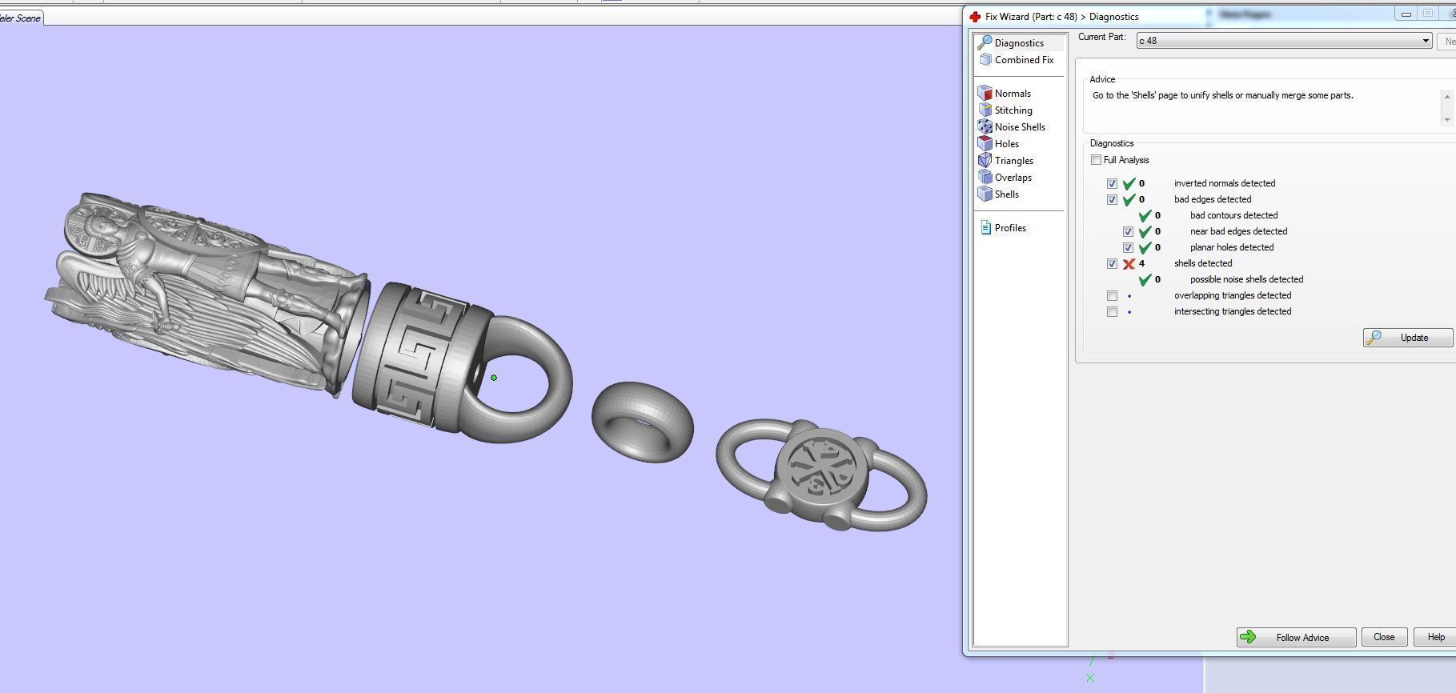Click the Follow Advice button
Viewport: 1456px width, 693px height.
point(1296,638)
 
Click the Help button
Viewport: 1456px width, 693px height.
point(1435,638)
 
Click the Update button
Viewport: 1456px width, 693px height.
point(1407,338)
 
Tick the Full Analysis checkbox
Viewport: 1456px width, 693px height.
point(1096,160)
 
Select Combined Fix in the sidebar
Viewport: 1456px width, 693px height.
point(1023,60)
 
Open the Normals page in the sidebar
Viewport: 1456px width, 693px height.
point(1012,94)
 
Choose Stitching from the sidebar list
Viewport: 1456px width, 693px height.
point(1013,110)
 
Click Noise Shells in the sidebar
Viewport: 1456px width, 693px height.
point(1019,127)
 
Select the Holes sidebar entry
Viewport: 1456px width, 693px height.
point(1006,144)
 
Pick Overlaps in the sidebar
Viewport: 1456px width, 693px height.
point(1013,178)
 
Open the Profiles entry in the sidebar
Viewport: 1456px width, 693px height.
point(1009,228)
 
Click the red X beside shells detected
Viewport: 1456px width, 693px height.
point(1129,264)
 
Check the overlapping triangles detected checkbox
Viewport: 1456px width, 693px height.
point(1112,296)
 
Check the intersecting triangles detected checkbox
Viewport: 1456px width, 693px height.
point(1112,312)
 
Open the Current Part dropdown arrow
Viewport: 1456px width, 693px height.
point(1425,41)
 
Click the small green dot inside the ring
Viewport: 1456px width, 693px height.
point(494,378)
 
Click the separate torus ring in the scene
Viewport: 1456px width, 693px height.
point(643,422)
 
